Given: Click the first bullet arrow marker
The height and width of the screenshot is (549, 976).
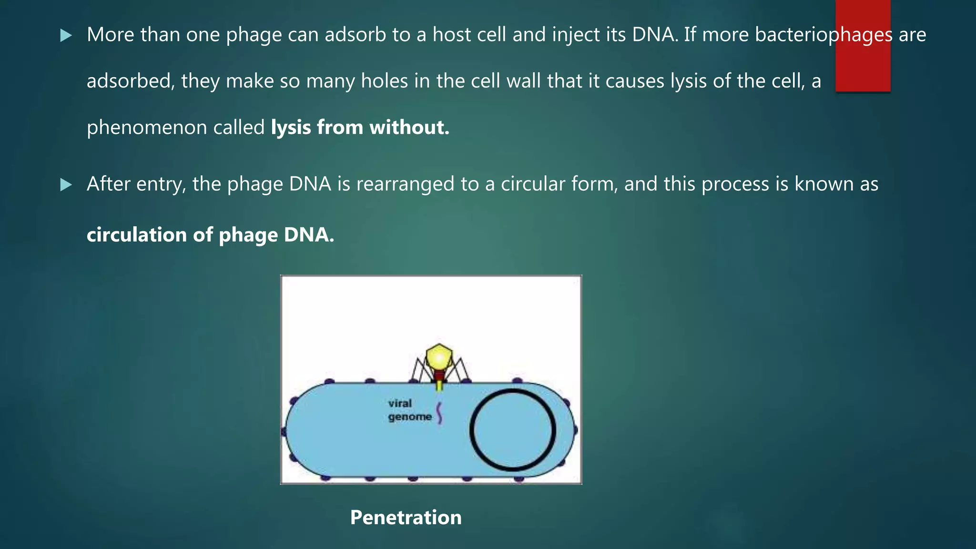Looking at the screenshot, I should click(x=66, y=35).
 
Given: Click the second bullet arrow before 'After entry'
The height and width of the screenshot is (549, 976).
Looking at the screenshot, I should click(x=66, y=185).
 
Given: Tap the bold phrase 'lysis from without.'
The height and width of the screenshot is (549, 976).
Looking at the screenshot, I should click(x=360, y=128).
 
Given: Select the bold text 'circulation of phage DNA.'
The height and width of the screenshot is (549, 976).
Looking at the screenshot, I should click(x=210, y=235).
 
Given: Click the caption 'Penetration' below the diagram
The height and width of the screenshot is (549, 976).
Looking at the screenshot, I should click(x=406, y=518).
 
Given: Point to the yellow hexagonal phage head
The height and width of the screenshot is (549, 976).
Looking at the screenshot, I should click(x=439, y=357).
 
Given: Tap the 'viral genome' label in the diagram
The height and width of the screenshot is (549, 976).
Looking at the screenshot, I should click(x=409, y=410).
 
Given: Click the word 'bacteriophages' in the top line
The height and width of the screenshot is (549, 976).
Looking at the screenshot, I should click(x=823, y=35).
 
